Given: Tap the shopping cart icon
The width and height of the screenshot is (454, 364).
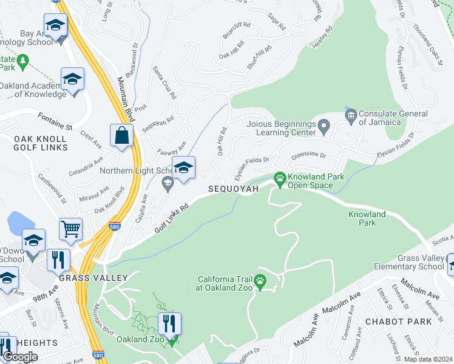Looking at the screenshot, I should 71,229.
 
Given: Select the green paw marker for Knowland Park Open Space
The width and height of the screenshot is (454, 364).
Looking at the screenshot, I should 280,178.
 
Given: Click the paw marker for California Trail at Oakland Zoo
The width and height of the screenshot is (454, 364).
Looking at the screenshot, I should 260,280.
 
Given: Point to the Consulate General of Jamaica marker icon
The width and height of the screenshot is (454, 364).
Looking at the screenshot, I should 350,115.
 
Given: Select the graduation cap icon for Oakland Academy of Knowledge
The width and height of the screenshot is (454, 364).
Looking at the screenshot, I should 72,79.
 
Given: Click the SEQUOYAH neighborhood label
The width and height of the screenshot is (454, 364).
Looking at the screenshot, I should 234,189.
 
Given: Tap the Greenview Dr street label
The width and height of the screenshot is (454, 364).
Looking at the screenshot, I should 308,155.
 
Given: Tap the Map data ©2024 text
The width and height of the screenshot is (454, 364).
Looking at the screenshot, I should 428,359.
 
